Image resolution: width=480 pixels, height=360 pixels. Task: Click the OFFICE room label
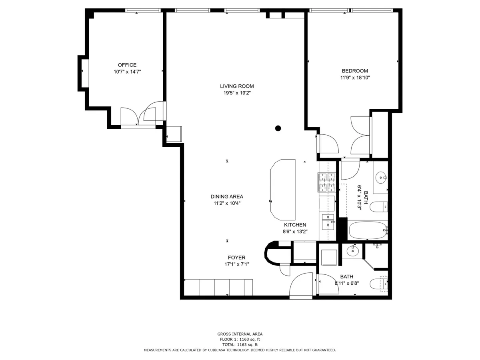coord(127,65)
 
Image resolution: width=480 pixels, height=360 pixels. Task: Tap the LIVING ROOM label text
coord(237,86)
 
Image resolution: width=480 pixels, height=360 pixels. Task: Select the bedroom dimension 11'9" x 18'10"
coord(355,78)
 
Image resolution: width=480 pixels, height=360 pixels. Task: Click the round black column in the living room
coord(278,128)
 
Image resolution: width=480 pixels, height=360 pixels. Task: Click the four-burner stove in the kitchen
coord(326,182)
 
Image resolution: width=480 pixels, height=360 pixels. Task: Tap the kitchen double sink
coord(328,221)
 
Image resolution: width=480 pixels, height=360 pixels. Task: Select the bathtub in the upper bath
coord(367,230)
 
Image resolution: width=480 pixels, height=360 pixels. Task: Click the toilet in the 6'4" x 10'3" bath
coord(378,207)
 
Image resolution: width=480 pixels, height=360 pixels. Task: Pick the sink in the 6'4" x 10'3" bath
coord(381,176)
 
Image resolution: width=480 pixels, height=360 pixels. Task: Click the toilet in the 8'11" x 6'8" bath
coord(378,284)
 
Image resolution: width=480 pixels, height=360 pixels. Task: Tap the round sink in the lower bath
coord(352,251)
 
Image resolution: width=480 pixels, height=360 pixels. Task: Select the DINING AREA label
coord(227,196)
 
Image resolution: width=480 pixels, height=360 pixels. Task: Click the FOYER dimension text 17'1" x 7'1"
coord(237,264)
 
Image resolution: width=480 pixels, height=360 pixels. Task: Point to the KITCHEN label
coord(295,225)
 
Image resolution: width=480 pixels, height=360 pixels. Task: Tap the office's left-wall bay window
coord(84,73)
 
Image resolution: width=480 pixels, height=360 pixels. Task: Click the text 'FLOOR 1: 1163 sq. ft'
coord(240,339)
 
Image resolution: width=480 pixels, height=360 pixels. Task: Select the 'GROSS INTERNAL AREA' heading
coord(240,334)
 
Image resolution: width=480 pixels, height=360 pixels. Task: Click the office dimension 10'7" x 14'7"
coord(127,72)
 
